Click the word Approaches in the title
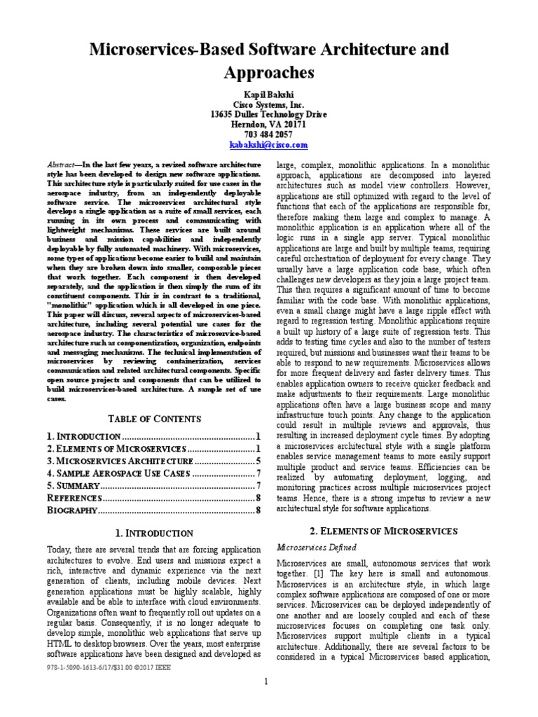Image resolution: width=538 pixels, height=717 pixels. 268,73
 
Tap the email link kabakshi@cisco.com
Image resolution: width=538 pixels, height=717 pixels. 268,144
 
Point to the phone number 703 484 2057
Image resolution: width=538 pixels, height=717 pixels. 268,134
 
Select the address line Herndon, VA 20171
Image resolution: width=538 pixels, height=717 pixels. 268,124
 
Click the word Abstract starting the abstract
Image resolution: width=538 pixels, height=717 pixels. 62,162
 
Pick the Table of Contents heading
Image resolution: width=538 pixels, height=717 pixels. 154,419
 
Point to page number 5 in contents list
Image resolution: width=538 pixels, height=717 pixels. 258,461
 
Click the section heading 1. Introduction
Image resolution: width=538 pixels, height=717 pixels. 154,534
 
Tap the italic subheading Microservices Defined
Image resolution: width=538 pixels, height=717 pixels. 317,547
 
